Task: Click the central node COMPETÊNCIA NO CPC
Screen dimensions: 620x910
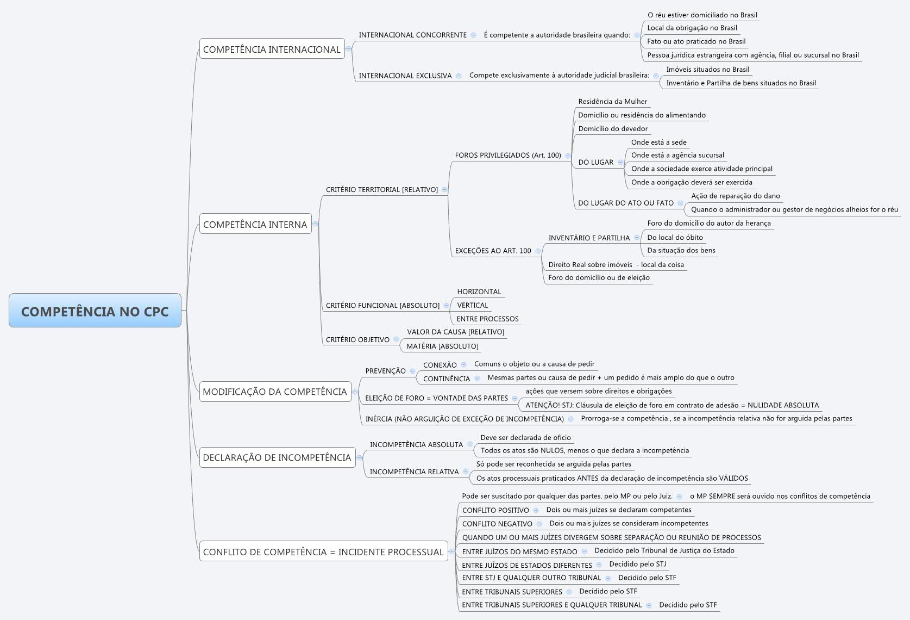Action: click(x=95, y=311)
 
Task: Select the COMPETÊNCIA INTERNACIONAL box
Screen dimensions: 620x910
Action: click(x=272, y=49)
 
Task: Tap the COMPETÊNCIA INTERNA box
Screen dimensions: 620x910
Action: click(x=255, y=224)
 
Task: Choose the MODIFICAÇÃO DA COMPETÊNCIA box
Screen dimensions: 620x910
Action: click(x=274, y=392)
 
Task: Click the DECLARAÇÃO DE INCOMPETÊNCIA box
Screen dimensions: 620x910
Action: click(x=277, y=457)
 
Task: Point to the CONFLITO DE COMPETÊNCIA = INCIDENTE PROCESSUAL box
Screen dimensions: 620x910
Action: click(x=323, y=551)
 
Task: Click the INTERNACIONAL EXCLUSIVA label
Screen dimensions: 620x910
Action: click(x=405, y=76)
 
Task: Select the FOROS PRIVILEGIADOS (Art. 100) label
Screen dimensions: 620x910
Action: click(x=508, y=155)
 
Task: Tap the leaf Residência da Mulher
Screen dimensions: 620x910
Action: click(x=612, y=101)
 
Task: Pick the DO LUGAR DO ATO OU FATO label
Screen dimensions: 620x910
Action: click(x=626, y=203)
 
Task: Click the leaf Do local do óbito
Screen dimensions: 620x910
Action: click(x=675, y=237)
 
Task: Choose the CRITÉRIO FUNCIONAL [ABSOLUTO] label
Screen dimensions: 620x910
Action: click(x=382, y=305)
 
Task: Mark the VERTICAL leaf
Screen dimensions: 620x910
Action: click(x=472, y=305)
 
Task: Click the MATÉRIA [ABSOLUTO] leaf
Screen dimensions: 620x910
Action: click(x=442, y=346)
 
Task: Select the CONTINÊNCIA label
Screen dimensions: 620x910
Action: click(x=447, y=379)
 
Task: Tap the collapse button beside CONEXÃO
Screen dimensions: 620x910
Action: click(x=463, y=364)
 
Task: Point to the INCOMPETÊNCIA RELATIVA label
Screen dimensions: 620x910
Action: click(x=414, y=472)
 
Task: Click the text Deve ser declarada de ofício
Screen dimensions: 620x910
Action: click(x=525, y=437)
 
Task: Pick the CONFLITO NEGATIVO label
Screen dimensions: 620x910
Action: click(x=497, y=524)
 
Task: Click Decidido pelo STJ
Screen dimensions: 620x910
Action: click(x=637, y=564)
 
